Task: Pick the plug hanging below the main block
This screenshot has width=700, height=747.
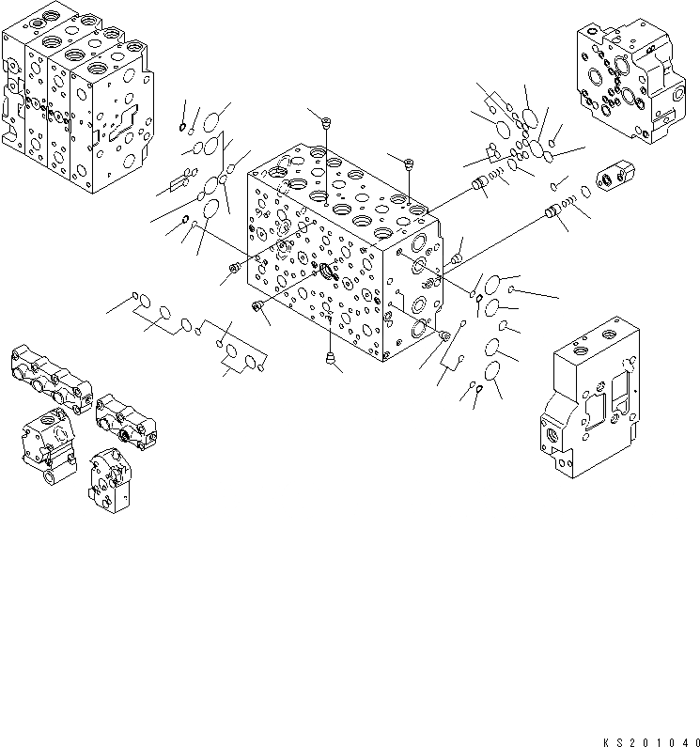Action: click(x=330, y=356)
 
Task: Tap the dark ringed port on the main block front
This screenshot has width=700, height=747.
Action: click(x=330, y=272)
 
